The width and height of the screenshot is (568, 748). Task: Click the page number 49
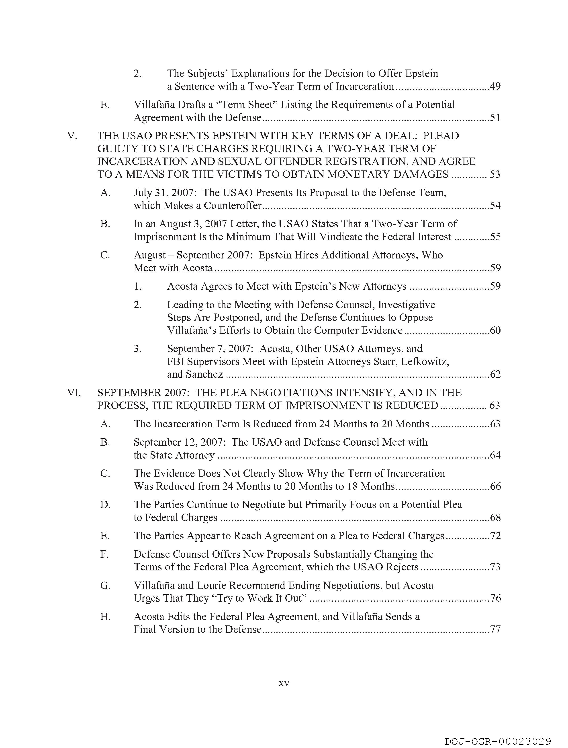tap(495, 87)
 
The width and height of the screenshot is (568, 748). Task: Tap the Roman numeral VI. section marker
tap(74, 393)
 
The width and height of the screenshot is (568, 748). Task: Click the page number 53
tap(495, 174)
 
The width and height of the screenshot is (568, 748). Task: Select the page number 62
tap(495, 374)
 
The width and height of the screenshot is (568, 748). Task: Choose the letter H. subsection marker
tap(105, 617)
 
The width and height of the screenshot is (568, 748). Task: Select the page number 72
tap(495, 536)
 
